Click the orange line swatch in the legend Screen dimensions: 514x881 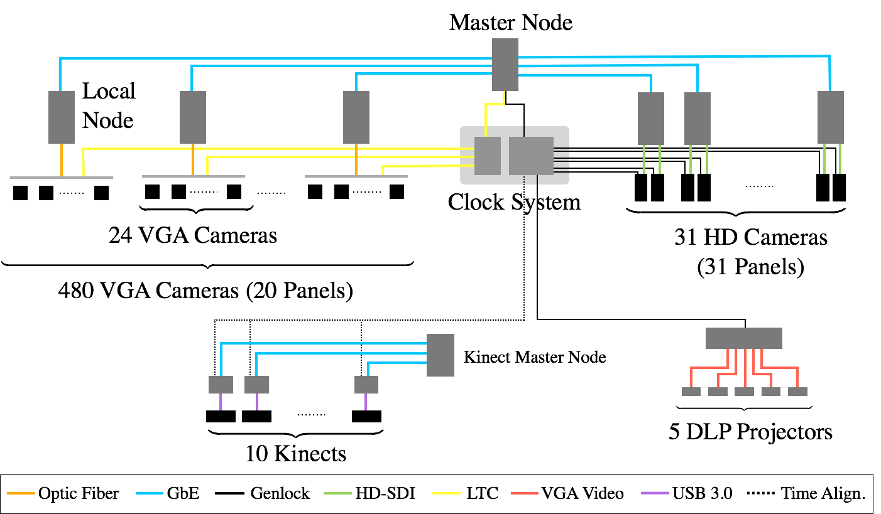tap(21, 493)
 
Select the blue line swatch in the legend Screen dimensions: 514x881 tap(150, 493)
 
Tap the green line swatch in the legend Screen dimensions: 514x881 tap(337, 493)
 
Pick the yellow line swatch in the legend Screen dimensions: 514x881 tap(446, 493)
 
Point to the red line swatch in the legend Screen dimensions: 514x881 tap(525, 493)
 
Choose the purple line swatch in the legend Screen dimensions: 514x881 tap(654, 493)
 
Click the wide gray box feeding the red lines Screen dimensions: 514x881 tap(743, 338)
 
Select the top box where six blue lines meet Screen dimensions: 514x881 tap(505, 64)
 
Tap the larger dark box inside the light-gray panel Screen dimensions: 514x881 tap(531, 156)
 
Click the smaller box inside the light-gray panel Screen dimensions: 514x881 tap(488, 156)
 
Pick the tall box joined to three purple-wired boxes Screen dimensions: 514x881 tap(440, 355)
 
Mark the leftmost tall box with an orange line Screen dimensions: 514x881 tap(62, 117)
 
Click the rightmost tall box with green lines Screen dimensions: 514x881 tap(831, 117)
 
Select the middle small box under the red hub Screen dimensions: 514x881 tap(744, 392)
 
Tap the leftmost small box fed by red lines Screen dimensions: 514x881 tap(691, 392)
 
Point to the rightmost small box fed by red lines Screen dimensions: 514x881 tap(797, 392)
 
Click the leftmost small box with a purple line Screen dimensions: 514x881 tap(221, 385)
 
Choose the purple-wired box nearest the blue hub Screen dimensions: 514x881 tap(366, 385)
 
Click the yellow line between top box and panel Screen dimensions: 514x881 tap(494, 104)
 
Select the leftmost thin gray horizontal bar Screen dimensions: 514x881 tap(62, 178)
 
